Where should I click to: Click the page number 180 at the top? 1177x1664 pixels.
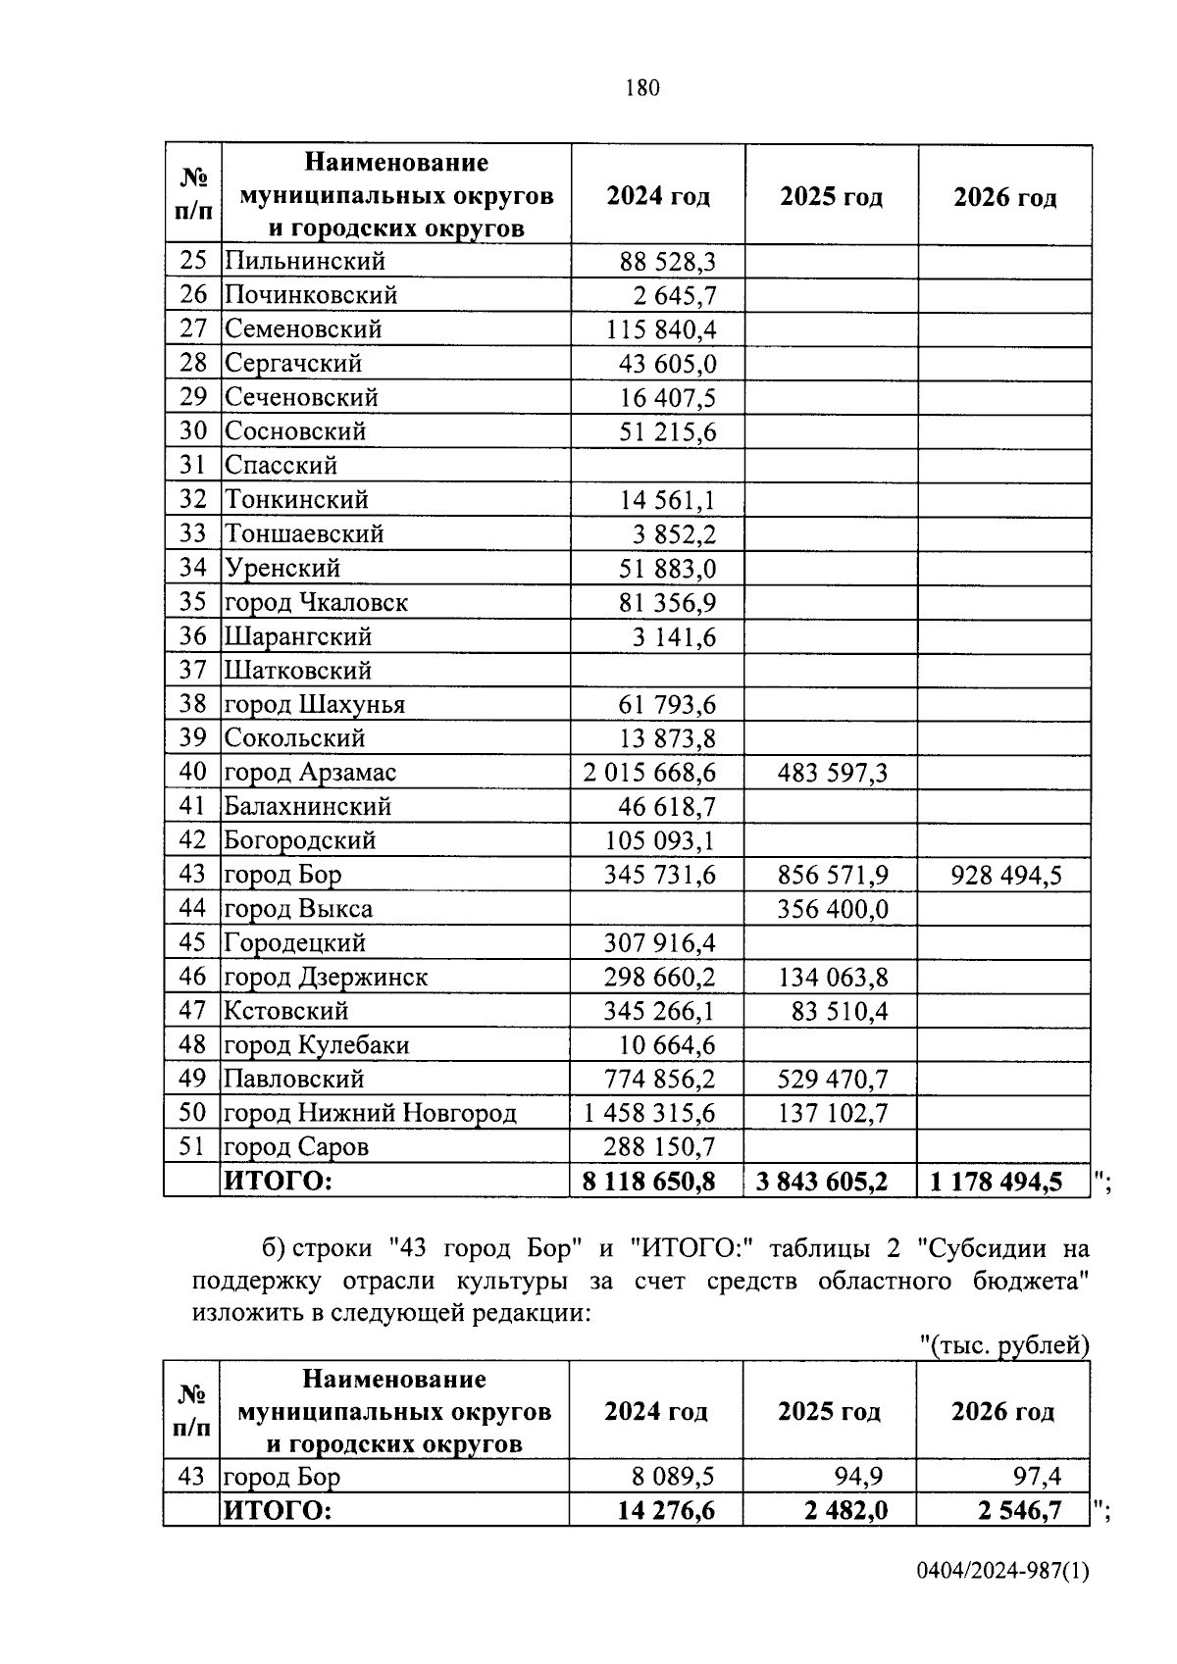pyautogui.click(x=642, y=88)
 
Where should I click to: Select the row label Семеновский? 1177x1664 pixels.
pyautogui.click(x=303, y=329)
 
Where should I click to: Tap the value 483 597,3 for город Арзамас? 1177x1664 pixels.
pyautogui.click(x=832, y=773)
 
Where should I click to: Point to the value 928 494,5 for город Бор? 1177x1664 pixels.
pyautogui.click(x=1005, y=875)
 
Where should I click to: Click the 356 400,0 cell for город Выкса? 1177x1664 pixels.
pyautogui.click(x=832, y=909)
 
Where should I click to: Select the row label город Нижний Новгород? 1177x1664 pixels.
pyautogui.click(x=370, y=1113)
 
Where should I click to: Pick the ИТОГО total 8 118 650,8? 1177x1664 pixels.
pyautogui.click(x=648, y=1182)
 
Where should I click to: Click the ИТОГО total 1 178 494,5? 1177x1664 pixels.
pyautogui.click(x=996, y=1182)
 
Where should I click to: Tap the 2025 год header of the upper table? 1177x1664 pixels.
pyautogui.click(x=831, y=197)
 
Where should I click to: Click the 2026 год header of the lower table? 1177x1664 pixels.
pyautogui.click(x=1002, y=1412)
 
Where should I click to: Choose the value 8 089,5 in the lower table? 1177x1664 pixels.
pyautogui.click(x=673, y=1477)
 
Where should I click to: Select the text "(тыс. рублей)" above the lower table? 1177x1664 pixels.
pyautogui.click(x=1004, y=1345)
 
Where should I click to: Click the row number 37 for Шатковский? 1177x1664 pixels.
pyautogui.click(x=193, y=671)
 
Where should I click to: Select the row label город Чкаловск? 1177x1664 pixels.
pyautogui.click(x=316, y=602)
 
